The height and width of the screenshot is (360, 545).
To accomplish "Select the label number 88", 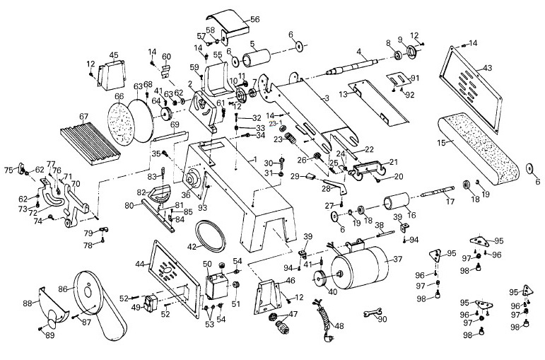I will (x=28, y=303).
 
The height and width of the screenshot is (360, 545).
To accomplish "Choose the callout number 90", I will (x=383, y=319).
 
